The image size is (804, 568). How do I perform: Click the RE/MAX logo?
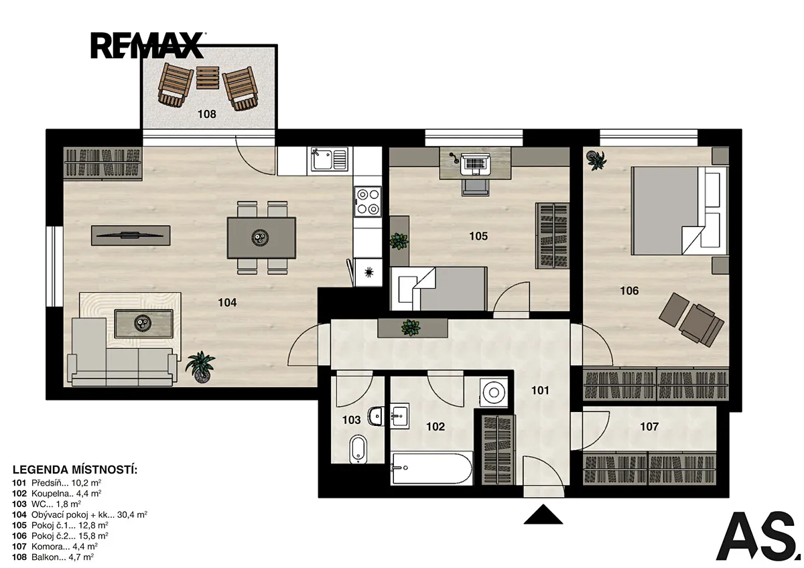(x=148, y=46)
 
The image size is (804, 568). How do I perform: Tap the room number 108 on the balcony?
(x=207, y=114)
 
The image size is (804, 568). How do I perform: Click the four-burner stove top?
(x=368, y=202)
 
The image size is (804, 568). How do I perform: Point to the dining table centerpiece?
(x=260, y=238)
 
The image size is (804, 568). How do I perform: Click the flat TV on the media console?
(x=130, y=235)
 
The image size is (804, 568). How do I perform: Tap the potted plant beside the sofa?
(x=200, y=366)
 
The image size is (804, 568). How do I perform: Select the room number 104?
(x=227, y=303)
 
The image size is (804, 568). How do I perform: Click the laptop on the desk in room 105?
(x=475, y=164)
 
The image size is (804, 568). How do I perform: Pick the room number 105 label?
(x=478, y=236)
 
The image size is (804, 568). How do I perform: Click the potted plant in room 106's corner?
(x=596, y=159)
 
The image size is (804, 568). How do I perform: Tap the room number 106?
(x=630, y=291)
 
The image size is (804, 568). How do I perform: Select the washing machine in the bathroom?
(x=494, y=393)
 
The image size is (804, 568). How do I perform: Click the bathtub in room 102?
(x=431, y=468)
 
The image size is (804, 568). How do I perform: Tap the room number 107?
(x=649, y=427)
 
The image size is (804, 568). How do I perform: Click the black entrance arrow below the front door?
(x=543, y=514)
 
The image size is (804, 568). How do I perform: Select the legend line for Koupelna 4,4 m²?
(x=57, y=494)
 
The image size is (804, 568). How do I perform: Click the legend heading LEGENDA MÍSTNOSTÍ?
(x=75, y=470)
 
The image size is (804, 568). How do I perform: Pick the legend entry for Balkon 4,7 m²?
(x=53, y=557)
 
